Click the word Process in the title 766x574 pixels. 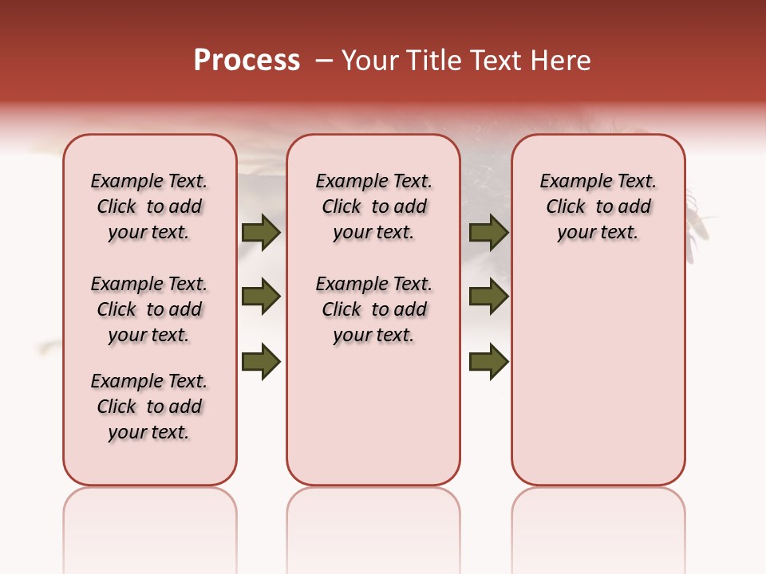coord(247,60)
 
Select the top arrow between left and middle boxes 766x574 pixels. coord(261,232)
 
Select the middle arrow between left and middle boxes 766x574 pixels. coord(261,297)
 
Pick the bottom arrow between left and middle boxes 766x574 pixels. coord(261,361)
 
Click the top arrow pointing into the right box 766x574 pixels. coord(488,232)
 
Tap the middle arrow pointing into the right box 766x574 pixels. coord(488,297)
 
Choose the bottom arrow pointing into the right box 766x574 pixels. coord(488,361)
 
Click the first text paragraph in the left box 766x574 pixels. coord(149,206)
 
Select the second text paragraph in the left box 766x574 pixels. coord(149,309)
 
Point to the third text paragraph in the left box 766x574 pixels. coord(149,407)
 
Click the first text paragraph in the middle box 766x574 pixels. coord(373,206)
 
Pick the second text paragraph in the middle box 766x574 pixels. coord(373,309)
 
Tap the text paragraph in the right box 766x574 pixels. coord(598,206)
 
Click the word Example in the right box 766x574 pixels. coord(570,182)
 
